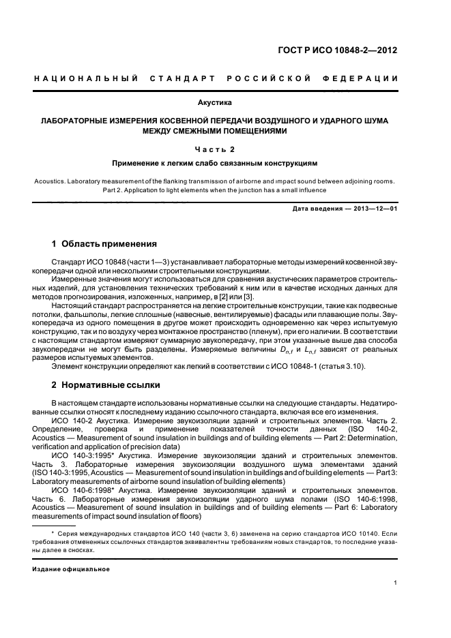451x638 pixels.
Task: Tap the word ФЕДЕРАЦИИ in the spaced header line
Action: [364, 79]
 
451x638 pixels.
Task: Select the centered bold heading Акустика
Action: [215, 103]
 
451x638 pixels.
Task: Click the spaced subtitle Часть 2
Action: [215, 149]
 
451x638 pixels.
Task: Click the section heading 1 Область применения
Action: [104, 243]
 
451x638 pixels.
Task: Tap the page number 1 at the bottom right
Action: [396, 582]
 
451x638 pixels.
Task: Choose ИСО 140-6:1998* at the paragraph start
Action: [79, 490]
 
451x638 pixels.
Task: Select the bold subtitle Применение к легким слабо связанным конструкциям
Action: [215, 164]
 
